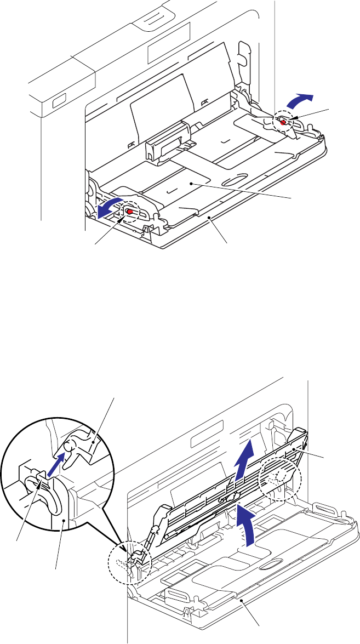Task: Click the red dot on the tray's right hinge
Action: (x=283, y=123)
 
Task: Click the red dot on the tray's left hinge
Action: (x=129, y=212)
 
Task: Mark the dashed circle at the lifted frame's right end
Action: (x=280, y=471)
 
